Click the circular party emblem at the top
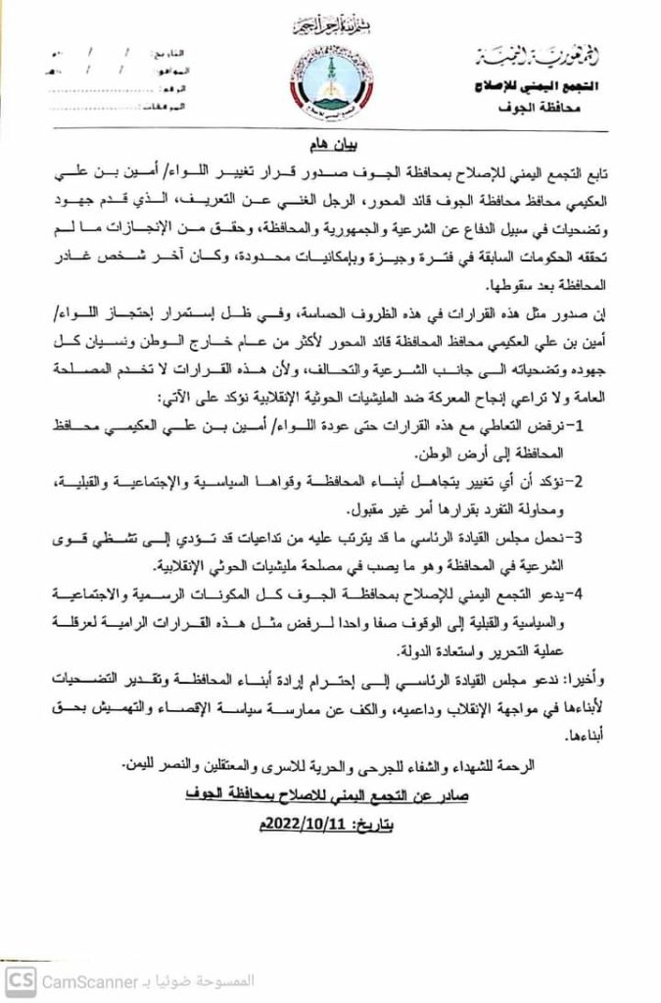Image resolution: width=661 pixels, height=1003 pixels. click(329, 82)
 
